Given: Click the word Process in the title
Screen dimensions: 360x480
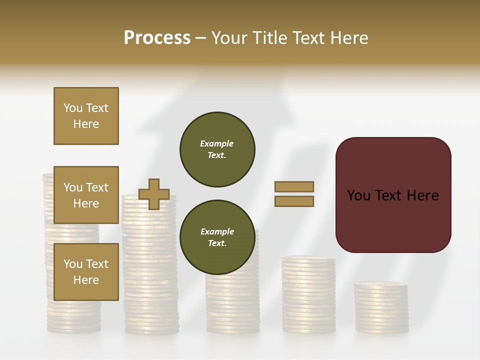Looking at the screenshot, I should pyautogui.click(x=157, y=38).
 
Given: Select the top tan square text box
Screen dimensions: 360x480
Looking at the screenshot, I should pyautogui.click(x=86, y=116).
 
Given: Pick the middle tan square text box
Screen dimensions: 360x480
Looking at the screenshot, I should pyautogui.click(x=86, y=195).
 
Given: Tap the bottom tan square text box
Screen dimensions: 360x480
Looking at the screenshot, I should pyautogui.click(x=86, y=271).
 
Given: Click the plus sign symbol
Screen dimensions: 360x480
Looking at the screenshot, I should pyautogui.click(x=154, y=194).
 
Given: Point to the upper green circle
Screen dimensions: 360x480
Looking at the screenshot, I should pyautogui.click(x=217, y=149).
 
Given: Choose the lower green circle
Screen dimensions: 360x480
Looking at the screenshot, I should pyautogui.click(x=217, y=237).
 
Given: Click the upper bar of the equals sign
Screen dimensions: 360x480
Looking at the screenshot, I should pyautogui.click(x=294, y=186).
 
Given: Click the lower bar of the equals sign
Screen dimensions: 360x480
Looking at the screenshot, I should pyautogui.click(x=294, y=201).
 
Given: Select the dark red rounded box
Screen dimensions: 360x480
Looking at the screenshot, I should pyautogui.click(x=393, y=194).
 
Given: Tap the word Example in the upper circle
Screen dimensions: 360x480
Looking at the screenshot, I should pyautogui.click(x=217, y=143).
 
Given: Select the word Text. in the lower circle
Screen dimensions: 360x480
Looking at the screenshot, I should pyautogui.click(x=217, y=243).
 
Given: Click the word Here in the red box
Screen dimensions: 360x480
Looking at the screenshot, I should pyautogui.click(x=422, y=195).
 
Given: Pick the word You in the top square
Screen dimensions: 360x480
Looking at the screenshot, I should pyautogui.click(x=73, y=108).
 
